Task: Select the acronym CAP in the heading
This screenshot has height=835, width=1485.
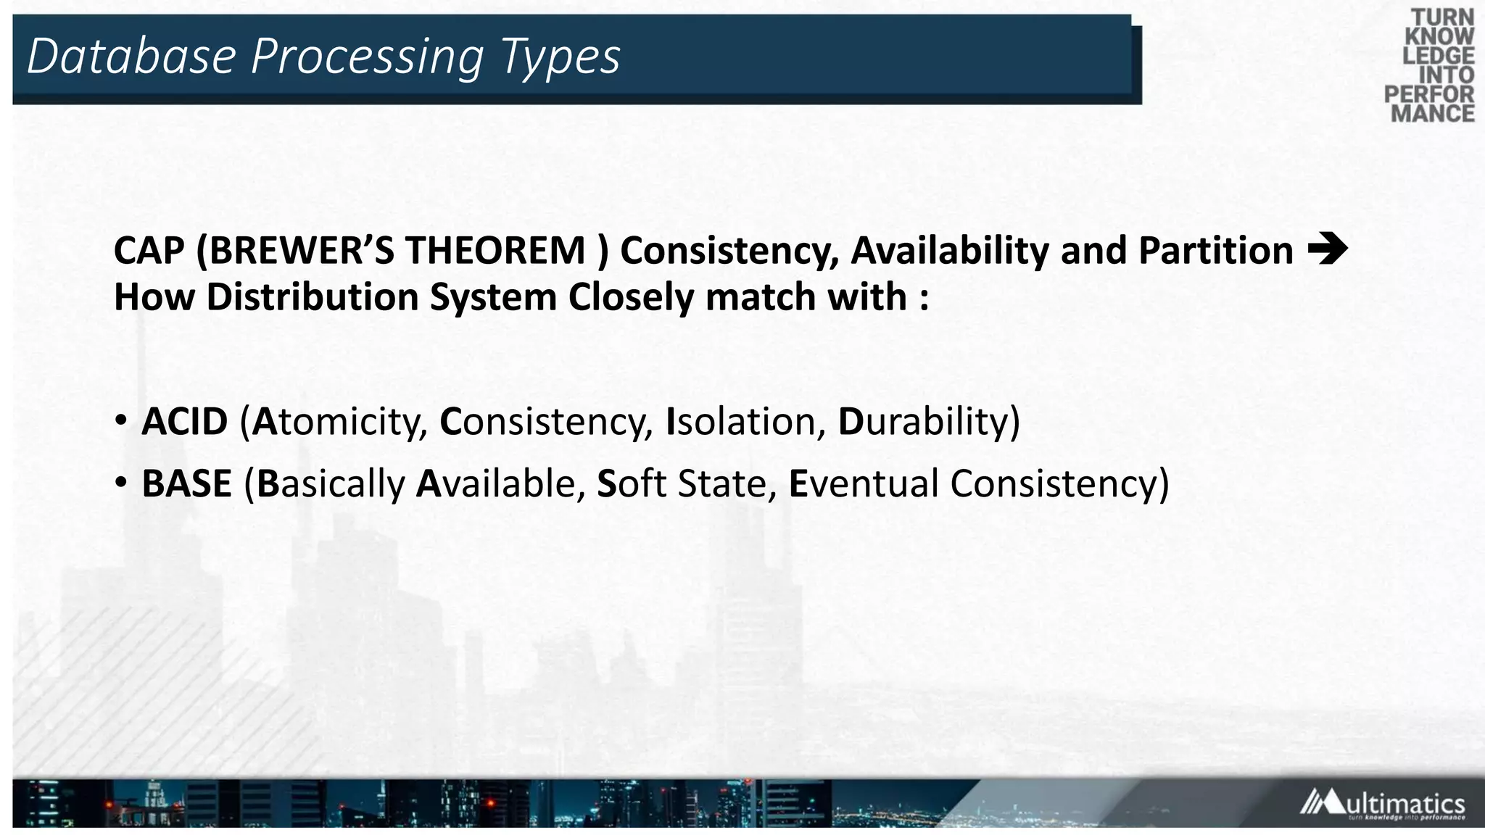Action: coord(149,251)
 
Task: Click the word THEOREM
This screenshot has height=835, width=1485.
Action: coord(495,251)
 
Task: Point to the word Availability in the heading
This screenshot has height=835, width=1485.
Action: coord(950,251)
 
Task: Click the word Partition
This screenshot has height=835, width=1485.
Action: coord(1215,251)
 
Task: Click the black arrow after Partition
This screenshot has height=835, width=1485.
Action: coord(1327,249)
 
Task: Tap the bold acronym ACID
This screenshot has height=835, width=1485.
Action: coord(184,422)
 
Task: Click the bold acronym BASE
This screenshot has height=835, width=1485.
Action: coord(186,484)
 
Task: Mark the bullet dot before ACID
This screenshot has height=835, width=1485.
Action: coord(121,420)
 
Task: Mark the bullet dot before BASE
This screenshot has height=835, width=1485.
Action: coord(121,482)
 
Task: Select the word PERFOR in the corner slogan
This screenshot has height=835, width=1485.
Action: coord(1428,94)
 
